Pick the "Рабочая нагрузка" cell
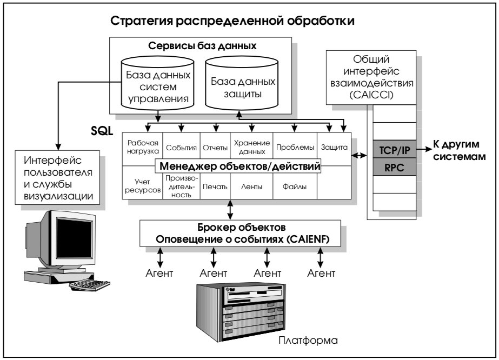coord(143,146)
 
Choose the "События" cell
coord(181,146)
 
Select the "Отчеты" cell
coord(215,146)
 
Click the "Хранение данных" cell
coord(251,146)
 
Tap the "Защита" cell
coord(334,146)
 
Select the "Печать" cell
coord(215,188)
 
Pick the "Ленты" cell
coord(251,188)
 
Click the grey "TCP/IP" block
coord(395,148)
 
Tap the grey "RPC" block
coord(395,166)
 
